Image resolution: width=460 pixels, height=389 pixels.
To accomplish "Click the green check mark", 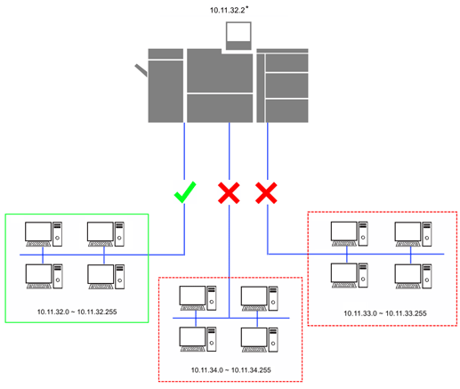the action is [x=184, y=193].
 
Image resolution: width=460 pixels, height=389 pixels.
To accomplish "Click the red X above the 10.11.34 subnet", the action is [x=229, y=193].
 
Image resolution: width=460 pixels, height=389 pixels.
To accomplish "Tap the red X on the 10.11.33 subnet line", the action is [x=266, y=193].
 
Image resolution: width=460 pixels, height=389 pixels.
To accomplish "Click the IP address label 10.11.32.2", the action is [x=228, y=11].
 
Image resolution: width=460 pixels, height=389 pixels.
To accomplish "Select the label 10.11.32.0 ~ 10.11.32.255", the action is [x=77, y=312].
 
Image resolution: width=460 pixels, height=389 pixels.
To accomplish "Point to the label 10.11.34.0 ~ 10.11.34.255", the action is [x=230, y=370].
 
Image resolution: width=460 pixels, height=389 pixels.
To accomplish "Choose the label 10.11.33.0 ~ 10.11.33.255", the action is [x=385, y=313].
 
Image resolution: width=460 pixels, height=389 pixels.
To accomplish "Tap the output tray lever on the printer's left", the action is [x=141, y=70].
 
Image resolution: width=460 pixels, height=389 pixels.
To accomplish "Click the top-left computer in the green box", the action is [x=44, y=234].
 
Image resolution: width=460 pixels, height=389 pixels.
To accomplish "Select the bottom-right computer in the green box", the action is [x=106, y=277].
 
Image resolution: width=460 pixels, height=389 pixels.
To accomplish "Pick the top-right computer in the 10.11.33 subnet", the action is [x=413, y=234].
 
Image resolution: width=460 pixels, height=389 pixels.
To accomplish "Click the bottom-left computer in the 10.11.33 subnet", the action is [x=350, y=275].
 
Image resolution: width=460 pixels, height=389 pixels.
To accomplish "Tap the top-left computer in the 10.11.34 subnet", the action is [x=198, y=298].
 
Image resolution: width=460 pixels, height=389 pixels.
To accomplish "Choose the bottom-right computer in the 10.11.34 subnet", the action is [x=260, y=340].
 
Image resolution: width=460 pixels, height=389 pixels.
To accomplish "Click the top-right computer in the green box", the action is [x=106, y=234].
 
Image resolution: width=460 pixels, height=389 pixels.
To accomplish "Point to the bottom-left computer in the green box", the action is [x=44, y=277].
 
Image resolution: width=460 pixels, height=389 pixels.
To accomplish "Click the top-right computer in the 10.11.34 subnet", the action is [x=260, y=298].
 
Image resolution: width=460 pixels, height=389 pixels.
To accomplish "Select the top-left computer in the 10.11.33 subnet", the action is [x=350, y=234].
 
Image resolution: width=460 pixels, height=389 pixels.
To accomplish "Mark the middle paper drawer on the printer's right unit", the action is [x=286, y=85].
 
